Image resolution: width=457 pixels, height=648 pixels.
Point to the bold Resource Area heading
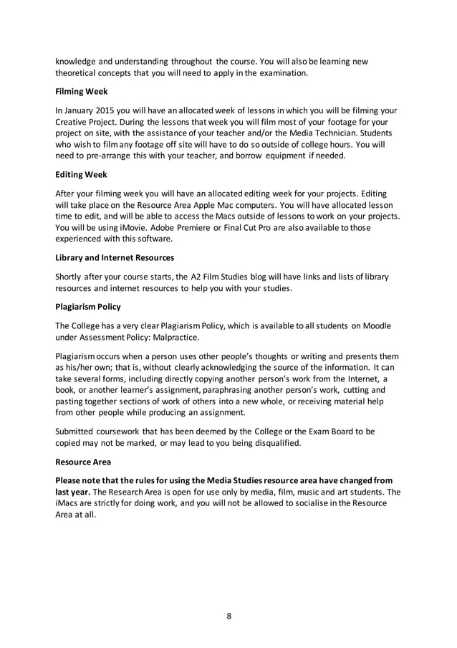85,462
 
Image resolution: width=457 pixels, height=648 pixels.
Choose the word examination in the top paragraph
276,72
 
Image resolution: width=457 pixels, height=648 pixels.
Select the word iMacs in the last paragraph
69,503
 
